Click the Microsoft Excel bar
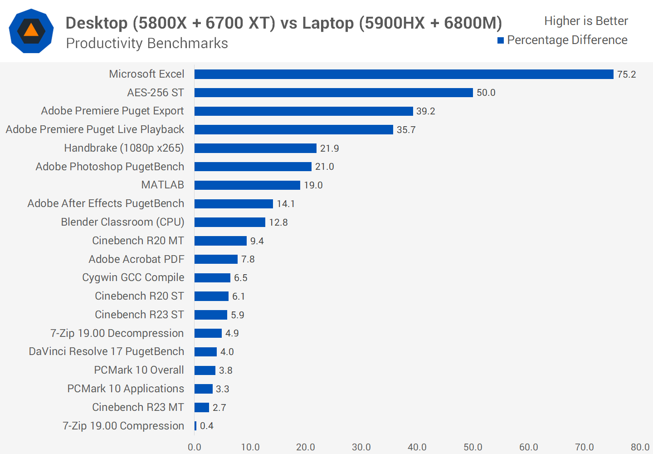coord(404,74)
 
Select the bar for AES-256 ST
coord(333,93)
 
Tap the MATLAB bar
coord(247,185)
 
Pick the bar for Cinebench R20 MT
coord(220,241)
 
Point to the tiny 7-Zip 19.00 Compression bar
coord(195,426)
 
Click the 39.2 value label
coord(425,111)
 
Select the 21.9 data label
coord(329,148)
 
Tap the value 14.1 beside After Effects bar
coord(286,204)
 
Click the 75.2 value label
coord(626,74)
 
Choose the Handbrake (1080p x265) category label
coord(124,148)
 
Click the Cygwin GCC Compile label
coord(133,277)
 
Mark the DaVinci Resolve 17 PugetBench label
coord(106,351)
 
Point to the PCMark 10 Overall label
coord(139,370)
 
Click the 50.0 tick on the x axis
coord(473,447)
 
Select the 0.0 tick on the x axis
coord(195,447)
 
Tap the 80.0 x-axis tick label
coord(640,447)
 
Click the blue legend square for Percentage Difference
coord(501,40)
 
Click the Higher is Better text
coord(586,21)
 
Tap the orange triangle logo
coord(31,30)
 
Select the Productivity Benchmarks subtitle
coord(147,43)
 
